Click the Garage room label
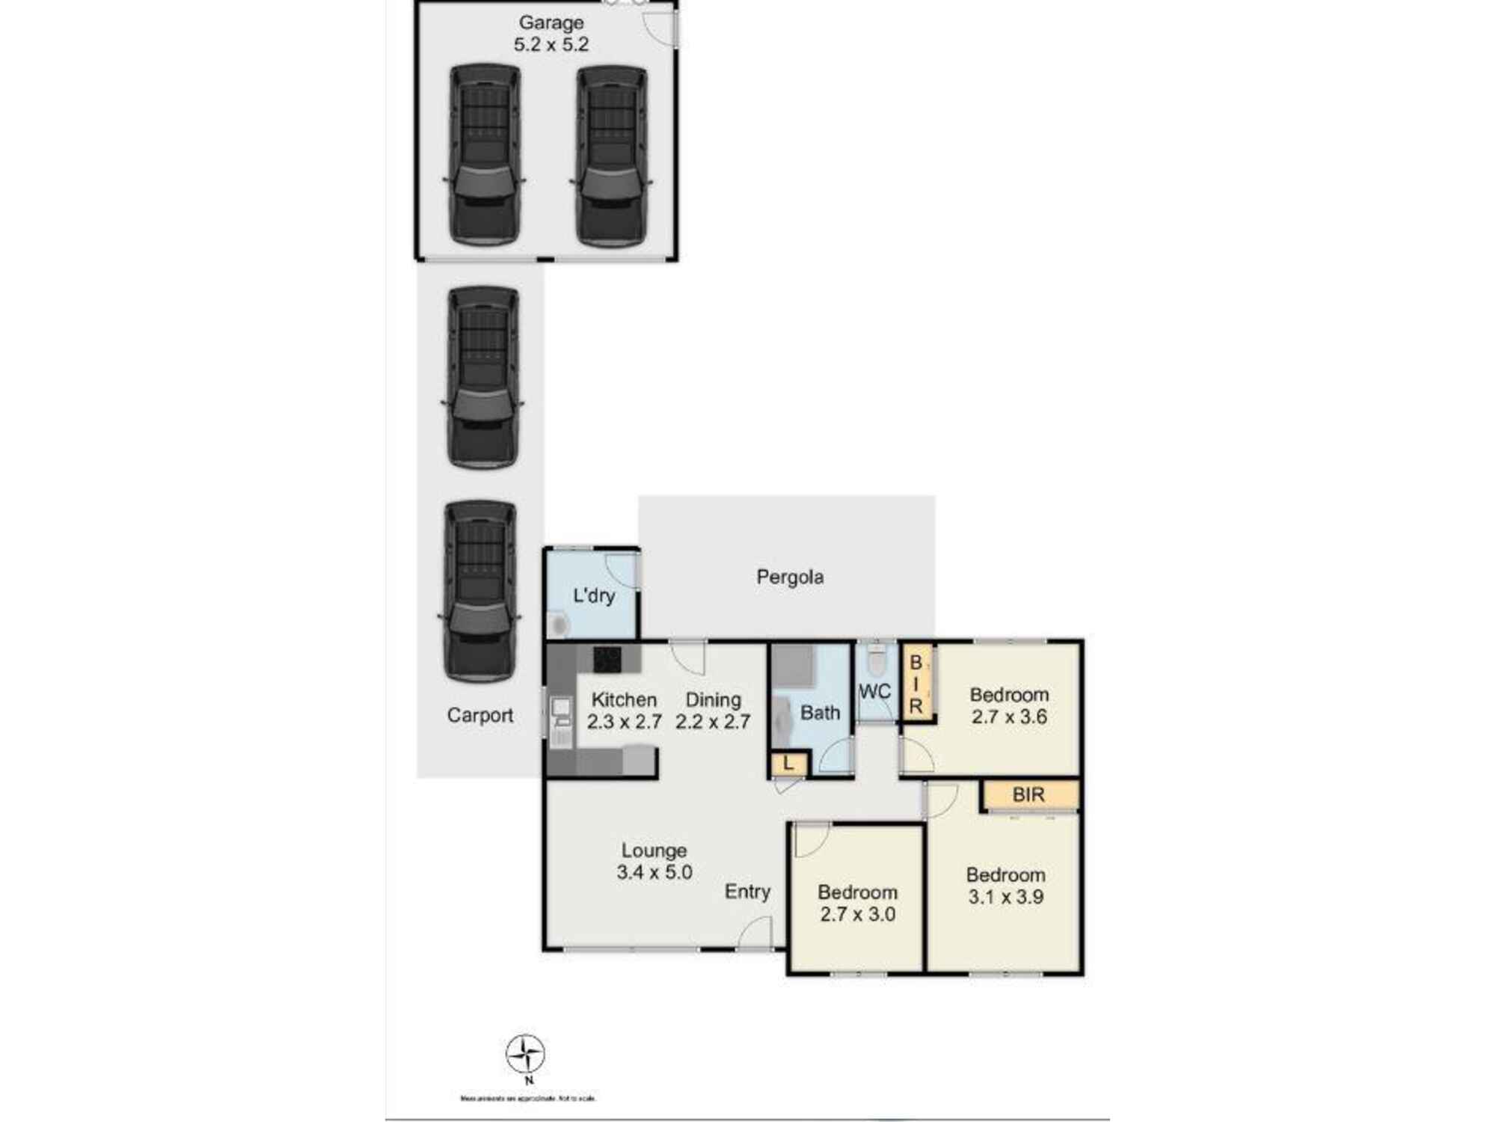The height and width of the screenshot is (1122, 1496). (x=551, y=23)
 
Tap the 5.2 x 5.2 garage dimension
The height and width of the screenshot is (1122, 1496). (x=551, y=45)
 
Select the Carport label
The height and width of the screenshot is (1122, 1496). (x=479, y=715)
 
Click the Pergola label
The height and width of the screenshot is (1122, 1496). (x=790, y=577)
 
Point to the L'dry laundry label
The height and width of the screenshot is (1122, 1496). (x=593, y=596)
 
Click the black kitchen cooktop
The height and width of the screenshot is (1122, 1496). (x=607, y=660)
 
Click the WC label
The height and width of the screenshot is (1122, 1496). (x=874, y=692)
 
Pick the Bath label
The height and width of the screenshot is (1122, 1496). (x=820, y=713)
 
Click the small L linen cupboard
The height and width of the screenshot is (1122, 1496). (x=788, y=764)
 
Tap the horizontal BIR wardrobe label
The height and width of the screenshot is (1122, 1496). (x=1028, y=795)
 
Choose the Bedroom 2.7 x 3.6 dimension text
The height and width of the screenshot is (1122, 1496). (x=1008, y=717)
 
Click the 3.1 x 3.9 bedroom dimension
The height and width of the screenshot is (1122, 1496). (x=1005, y=897)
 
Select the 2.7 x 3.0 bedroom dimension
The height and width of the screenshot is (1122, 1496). (x=857, y=914)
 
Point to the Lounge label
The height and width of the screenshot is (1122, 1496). (x=654, y=850)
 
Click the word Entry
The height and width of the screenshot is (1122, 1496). (x=747, y=892)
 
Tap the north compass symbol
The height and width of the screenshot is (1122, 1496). (x=525, y=1055)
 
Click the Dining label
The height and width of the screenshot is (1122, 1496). (x=713, y=700)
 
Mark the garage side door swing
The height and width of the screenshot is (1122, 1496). (x=661, y=30)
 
